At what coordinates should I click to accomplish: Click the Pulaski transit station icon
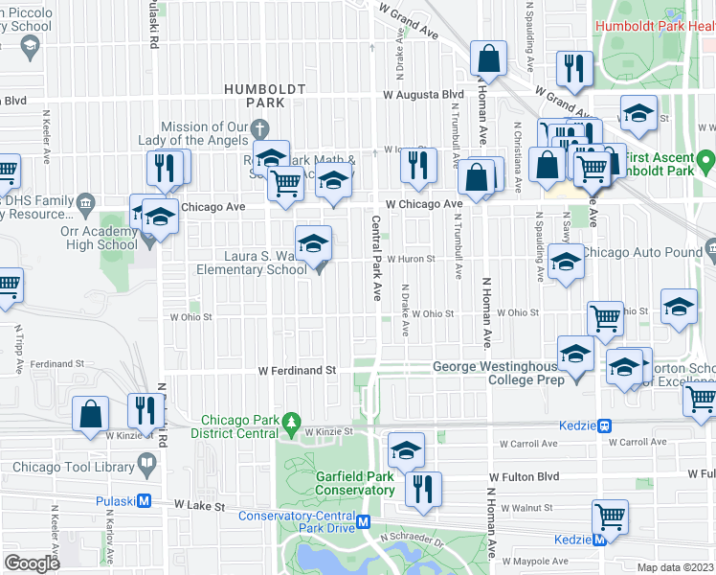[x=145, y=500]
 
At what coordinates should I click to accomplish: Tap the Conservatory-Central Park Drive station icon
[x=364, y=521]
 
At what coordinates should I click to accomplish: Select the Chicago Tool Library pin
[x=146, y=466]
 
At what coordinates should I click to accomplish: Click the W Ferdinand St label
[x=297, y=370]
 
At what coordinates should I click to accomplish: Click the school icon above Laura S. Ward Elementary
[x=313, y=244]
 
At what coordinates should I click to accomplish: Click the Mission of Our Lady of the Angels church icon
[x=259, y=127]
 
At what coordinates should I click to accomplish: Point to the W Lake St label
[x=199, y=505]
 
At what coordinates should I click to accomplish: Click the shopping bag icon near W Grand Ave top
[x=488, y=59]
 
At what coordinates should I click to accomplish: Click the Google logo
[x=32, y=563]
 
